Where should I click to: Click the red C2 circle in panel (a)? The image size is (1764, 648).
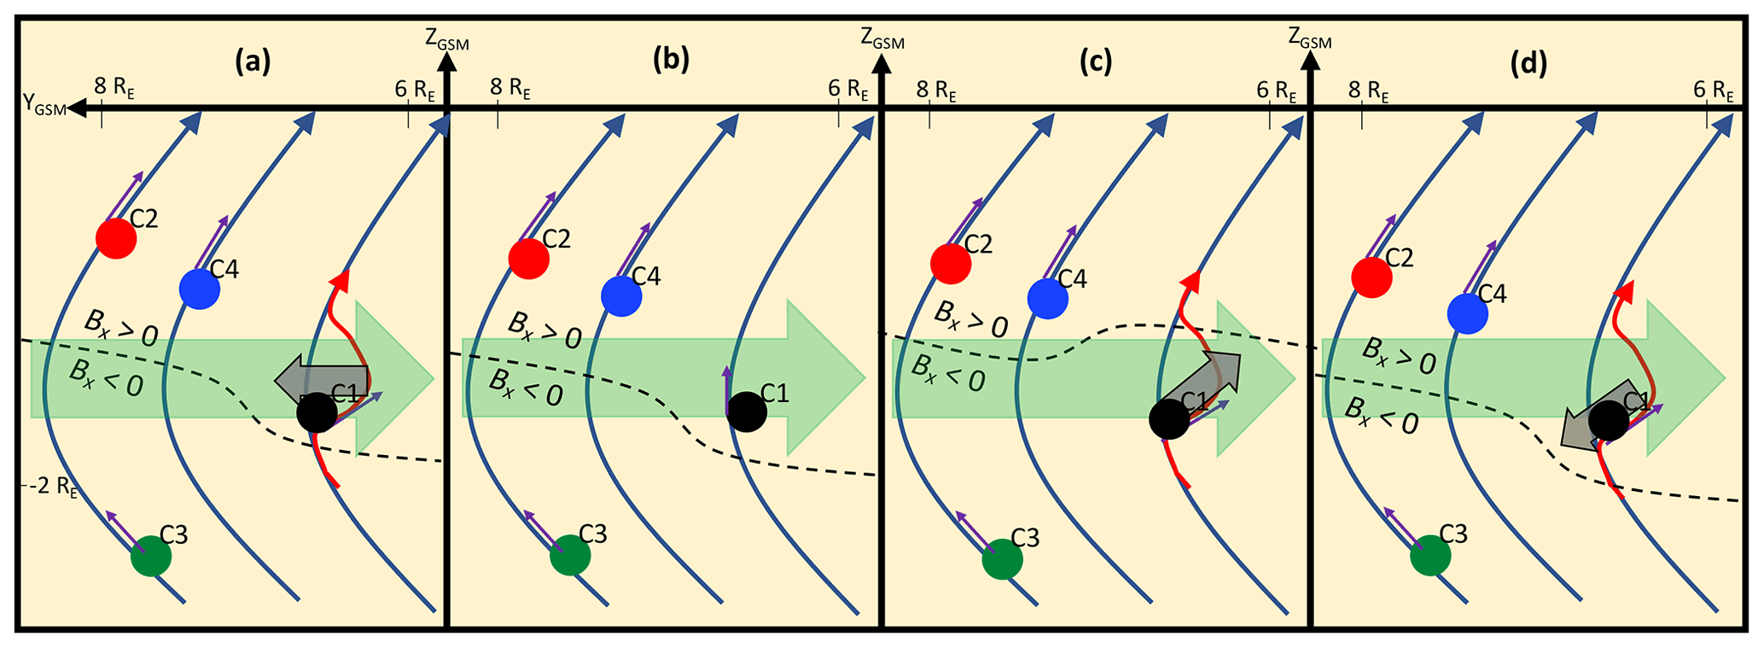point(116,238)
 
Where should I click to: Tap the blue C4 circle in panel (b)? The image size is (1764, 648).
point(621,296)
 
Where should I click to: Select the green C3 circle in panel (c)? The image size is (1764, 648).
point(1002,559)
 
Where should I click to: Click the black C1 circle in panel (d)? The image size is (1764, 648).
point(1608,421)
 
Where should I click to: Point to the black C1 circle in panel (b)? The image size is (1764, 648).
point(747,412)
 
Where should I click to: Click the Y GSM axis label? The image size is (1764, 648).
point(44,108)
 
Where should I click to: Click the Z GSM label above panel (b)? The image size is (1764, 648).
point(882,38)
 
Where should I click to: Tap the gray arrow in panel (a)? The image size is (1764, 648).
point(322,378)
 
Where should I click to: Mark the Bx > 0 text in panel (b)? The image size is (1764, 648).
point(544,330)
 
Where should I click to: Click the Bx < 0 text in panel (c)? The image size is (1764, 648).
point(947,372)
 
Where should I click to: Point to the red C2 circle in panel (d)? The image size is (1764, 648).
point(1372,277)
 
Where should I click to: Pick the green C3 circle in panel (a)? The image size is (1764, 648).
point(151,557)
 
